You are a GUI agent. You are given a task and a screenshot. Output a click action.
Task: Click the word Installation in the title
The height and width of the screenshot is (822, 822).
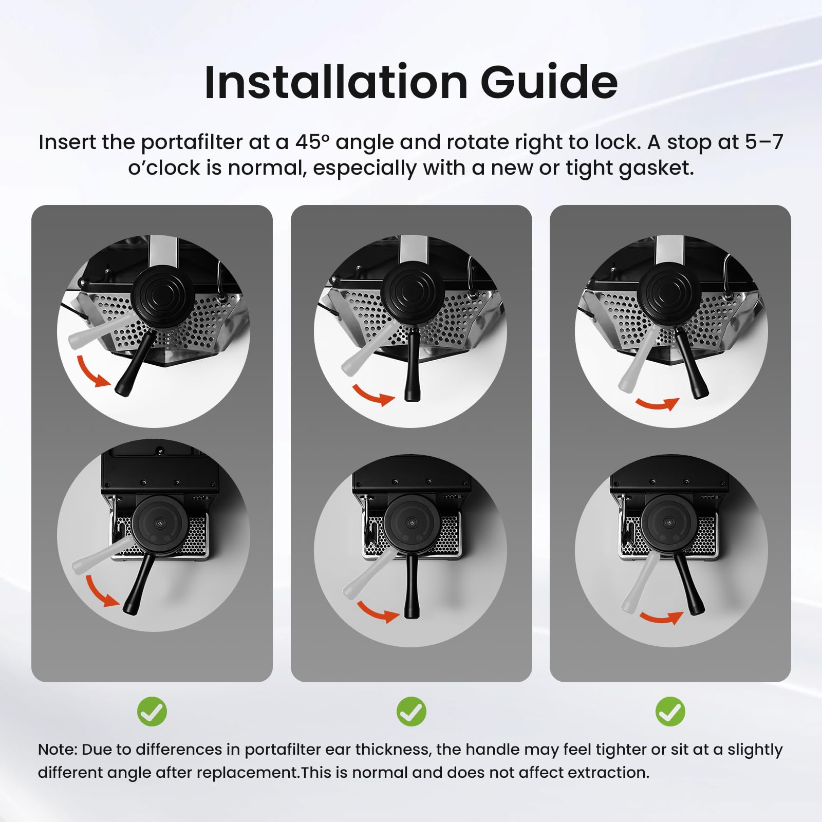click(336, 82)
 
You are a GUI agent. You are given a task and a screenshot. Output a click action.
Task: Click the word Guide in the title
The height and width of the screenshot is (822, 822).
click(549, 82)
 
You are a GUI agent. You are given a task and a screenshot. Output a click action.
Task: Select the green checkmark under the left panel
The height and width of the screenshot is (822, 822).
click(152, 712)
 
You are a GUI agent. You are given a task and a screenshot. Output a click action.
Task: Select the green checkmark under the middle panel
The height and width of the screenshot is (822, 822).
click(412, 712)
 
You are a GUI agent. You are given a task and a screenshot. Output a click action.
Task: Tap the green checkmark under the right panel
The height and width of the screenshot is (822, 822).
click(670, 712)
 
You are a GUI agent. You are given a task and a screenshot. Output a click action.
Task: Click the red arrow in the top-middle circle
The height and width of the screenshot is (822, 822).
click(372, 395)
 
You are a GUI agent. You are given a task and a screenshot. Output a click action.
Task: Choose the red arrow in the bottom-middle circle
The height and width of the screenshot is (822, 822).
click(377, 612)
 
